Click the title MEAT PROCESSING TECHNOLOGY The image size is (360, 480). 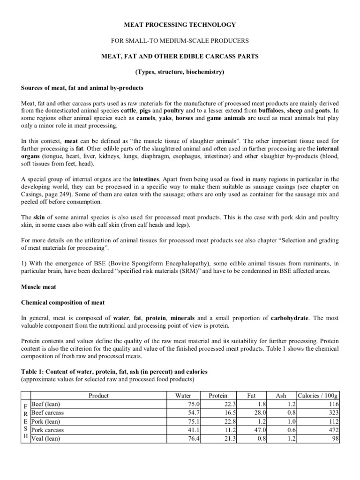coord(180,24)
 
